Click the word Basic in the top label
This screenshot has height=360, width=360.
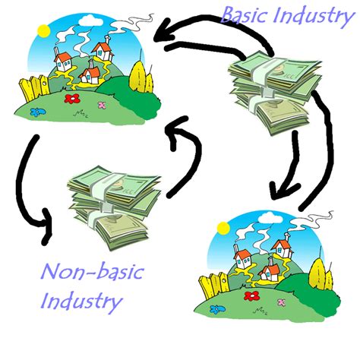point(245,14)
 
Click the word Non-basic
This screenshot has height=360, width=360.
point(93,273)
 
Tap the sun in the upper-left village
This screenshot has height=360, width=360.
point(43,31)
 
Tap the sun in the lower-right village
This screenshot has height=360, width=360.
point(223,228)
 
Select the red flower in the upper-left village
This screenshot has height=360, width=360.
point(72,99)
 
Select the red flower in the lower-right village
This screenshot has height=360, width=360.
point(252,295)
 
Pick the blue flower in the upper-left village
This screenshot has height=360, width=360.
point(37,112)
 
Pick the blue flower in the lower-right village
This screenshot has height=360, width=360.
point(217,309)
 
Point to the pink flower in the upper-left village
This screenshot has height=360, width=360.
point(102,105)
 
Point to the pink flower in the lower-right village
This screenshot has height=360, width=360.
point(282,302)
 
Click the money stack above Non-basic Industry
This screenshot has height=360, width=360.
point(114,207)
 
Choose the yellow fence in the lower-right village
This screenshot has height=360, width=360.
point(214,286)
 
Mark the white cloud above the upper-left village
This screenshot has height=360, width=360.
point(90,21)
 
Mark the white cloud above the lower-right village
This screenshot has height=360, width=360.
point(271,217)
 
